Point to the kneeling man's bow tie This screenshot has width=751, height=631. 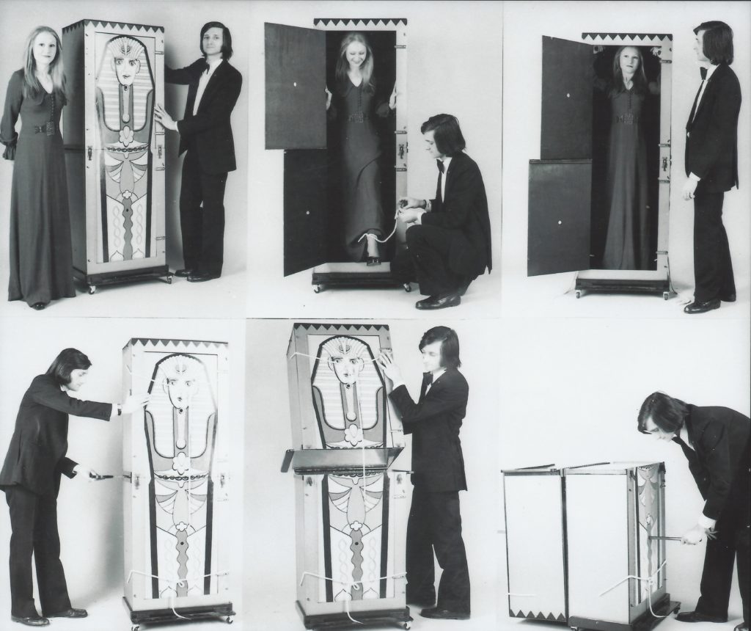click(x=440, y=166)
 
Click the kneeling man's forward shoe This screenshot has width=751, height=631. click(x=438, y=301)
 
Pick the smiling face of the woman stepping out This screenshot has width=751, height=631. click(x=356, y=55)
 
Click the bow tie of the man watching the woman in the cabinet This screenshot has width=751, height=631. click(x=703, y=73)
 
